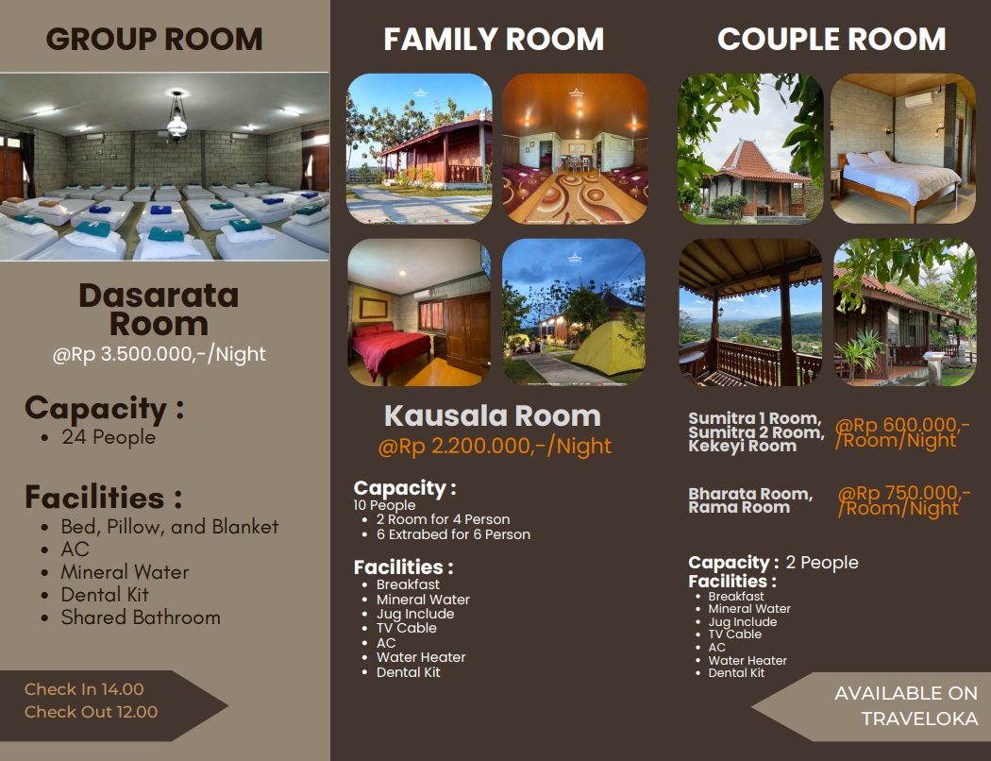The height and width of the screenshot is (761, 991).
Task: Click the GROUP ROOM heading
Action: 154,40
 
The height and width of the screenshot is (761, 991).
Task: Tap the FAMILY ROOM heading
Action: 494,40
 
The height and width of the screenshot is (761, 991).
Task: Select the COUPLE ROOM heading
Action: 831,40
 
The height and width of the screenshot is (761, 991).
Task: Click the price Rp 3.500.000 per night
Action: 160,354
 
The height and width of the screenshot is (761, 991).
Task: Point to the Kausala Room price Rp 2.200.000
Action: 495,447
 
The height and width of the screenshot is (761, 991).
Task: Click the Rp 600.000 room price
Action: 902,432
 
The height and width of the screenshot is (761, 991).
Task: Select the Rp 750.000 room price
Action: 904,500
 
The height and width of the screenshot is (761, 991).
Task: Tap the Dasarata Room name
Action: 159,310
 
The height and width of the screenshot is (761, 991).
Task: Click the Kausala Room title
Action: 493,415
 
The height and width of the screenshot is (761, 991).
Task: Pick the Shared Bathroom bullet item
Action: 141,617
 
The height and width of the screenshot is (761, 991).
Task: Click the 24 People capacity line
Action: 109,437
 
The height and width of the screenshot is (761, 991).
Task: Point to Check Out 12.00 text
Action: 91,712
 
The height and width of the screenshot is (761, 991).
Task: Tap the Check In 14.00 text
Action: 84,689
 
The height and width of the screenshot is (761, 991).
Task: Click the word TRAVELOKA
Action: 919,719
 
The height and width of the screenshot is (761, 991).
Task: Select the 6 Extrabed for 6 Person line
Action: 453,534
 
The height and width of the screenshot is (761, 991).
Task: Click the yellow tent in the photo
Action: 608,349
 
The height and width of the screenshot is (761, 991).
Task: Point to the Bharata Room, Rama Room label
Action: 750,500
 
